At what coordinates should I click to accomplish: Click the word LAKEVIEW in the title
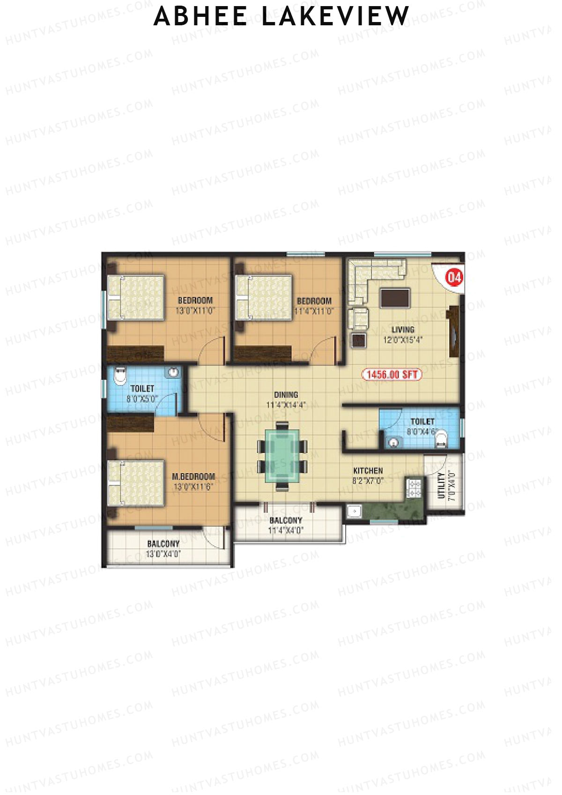click(335, 16)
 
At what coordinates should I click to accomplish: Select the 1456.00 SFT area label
click(392, 374)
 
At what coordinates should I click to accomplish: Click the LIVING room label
click(403, 329)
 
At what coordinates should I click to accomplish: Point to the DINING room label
click(286, 395)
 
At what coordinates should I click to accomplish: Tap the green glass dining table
click(282, 456)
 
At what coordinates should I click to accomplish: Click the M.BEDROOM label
click(193, 476)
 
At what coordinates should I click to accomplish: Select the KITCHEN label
click(368, 470)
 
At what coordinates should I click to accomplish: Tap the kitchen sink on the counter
click(354, 511)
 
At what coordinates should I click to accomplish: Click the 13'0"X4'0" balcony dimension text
click(163, 554)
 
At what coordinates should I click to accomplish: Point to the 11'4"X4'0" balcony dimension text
click(286, 530)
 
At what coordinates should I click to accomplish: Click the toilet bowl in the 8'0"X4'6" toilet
click(442, 439)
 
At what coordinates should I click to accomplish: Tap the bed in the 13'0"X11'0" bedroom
click(136, 297)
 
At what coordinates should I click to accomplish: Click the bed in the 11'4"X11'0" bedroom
click(264, 297)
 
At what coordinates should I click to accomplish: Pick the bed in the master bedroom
click(136, 483)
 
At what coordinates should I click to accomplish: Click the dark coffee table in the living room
click(395, 298)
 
